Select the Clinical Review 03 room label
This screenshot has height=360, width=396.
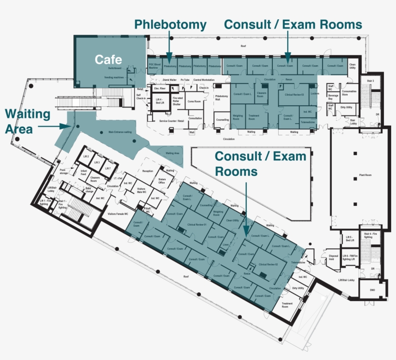tap(295, 95)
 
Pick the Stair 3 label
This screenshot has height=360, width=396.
tap(370, 80)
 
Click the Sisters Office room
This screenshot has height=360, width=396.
tap(162, 181)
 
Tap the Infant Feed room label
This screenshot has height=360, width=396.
tap(84, 172)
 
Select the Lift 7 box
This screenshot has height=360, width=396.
tap(107, 168)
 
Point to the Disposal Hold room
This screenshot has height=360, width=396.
tap(333, 257)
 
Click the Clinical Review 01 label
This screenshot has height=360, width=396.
tap(197, 225)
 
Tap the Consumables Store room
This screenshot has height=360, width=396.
tap(349, 92)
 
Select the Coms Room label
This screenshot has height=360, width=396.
tap(194, 101)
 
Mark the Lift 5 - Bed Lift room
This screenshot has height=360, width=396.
tap(350, 239)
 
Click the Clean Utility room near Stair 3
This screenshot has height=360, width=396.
tap(353, 67)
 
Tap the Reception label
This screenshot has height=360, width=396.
tap(147, 171)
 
